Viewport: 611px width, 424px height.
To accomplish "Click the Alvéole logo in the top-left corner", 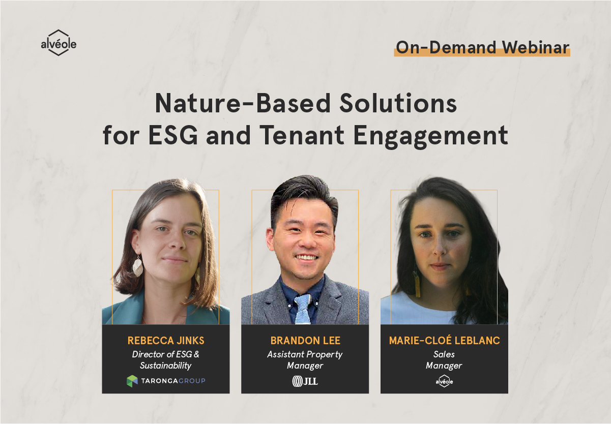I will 59,43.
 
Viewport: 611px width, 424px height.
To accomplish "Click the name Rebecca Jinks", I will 165,341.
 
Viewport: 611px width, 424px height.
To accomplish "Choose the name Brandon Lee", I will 305,341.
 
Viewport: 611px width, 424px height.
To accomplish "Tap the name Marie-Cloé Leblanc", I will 444,341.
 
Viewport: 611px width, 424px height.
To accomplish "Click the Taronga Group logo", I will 166,380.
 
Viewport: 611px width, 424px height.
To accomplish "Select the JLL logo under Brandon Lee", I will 305,381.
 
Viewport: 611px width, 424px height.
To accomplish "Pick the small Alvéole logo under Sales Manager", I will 444,381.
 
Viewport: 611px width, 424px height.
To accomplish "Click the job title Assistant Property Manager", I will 305,359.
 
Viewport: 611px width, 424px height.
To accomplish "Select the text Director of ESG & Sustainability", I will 165,359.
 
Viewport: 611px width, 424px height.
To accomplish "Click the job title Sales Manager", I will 444,359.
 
